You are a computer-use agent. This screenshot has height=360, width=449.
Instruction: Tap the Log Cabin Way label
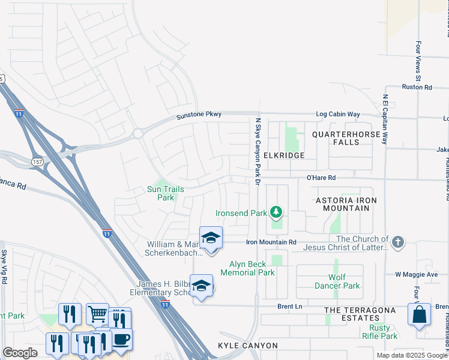tap(338, 114)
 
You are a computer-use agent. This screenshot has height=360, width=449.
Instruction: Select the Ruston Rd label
tap(417, 87)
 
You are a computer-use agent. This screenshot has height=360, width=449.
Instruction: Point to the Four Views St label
tap(418, 62)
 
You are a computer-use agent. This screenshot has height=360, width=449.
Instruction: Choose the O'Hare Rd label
tap(321, 178)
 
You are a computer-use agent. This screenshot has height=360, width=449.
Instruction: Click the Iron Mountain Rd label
tap(272, 242)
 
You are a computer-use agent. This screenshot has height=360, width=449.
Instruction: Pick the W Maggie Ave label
tap(416, 274)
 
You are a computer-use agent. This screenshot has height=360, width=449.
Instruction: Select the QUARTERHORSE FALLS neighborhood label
tap(346, 139)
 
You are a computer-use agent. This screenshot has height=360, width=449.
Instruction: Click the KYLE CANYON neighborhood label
tap(248, 346)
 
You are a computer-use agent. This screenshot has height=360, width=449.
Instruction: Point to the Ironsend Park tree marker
tap(276, 212)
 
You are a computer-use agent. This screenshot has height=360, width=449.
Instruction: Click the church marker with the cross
tap(397, 242)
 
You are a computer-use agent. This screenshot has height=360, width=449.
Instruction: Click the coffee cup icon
tap(122, 339)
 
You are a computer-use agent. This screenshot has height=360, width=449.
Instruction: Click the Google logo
tap(20, 353)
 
